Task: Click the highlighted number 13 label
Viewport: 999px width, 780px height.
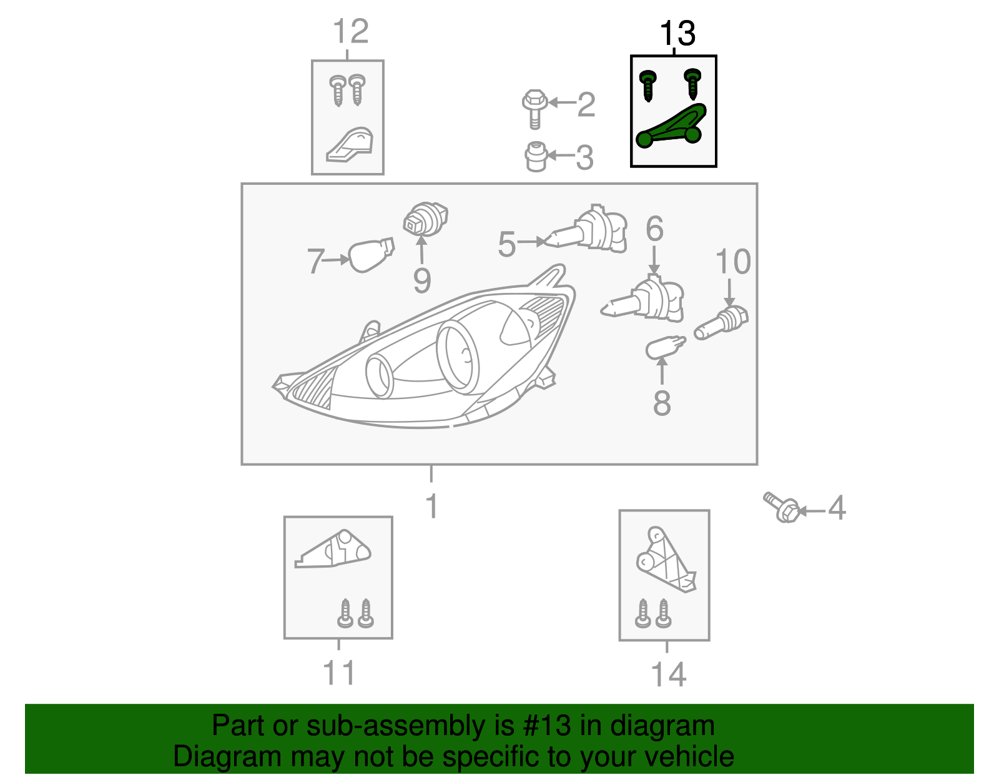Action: tap(677, 34)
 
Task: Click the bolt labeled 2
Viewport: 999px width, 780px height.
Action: tap(534, 109)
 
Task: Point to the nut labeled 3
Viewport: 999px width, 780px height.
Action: tap(536, 157)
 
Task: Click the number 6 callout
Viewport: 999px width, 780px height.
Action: tap(654, 229)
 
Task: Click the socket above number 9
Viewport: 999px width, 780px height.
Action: tap(425, 219)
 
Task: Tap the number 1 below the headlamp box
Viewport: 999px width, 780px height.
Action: tap(431, 506)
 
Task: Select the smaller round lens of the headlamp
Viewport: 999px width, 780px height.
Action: tap(378, 376)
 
